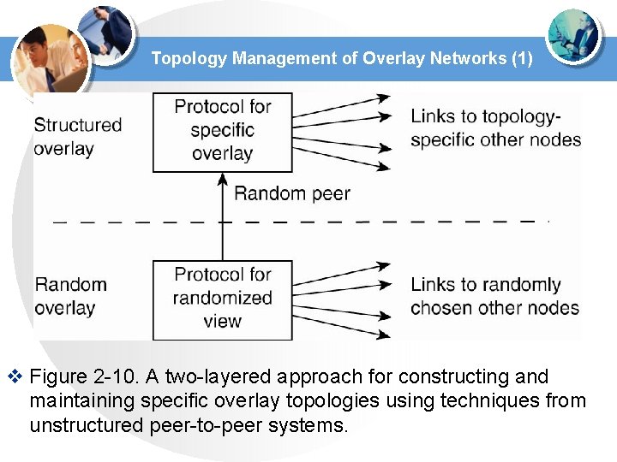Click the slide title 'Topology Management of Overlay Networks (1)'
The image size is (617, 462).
[x=342, y=59]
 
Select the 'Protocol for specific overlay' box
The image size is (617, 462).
[x=222, y=131]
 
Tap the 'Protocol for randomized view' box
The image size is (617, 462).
[x=222, y=299]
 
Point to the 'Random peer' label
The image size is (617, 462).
[x=291, y=193]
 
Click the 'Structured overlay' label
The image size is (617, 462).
[x=78, y=137]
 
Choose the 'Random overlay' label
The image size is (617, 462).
[x=70, y=296]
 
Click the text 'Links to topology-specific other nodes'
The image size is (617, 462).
[x=495, y=128]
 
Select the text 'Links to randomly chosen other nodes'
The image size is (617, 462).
[x=494, y=296]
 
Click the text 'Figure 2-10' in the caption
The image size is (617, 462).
[x=75, y=376]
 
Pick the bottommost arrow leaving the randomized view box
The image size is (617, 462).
[x=343, y=327]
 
